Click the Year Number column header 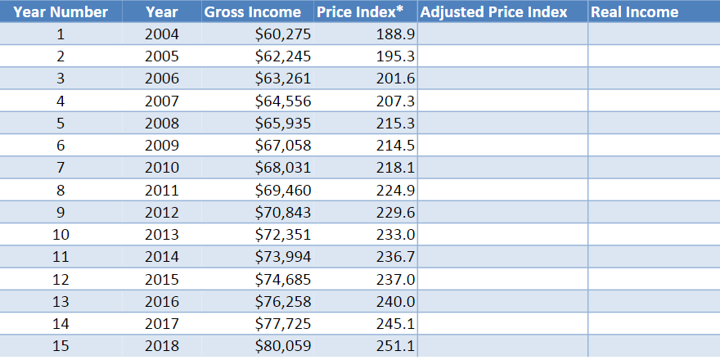pos(61,11)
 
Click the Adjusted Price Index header pos(493,11)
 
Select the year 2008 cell pos(161,124)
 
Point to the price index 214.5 pos(394,146)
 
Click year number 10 pos(61,235)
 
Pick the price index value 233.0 pos(394,235)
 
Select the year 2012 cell pos(161,212)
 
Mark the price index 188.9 pos(394,34)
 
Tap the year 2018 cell pos(161,345)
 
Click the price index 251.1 pos(394,345)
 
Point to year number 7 pos(61,168)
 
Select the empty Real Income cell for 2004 pos(653,34)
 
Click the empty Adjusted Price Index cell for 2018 pos(502,345)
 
